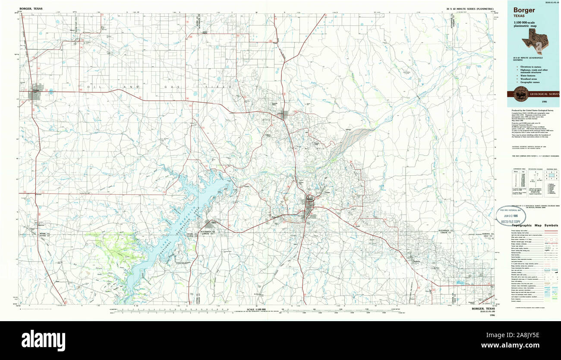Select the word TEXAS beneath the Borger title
[x=519, y=16]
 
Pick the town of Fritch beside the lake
[x=210, y=224]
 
